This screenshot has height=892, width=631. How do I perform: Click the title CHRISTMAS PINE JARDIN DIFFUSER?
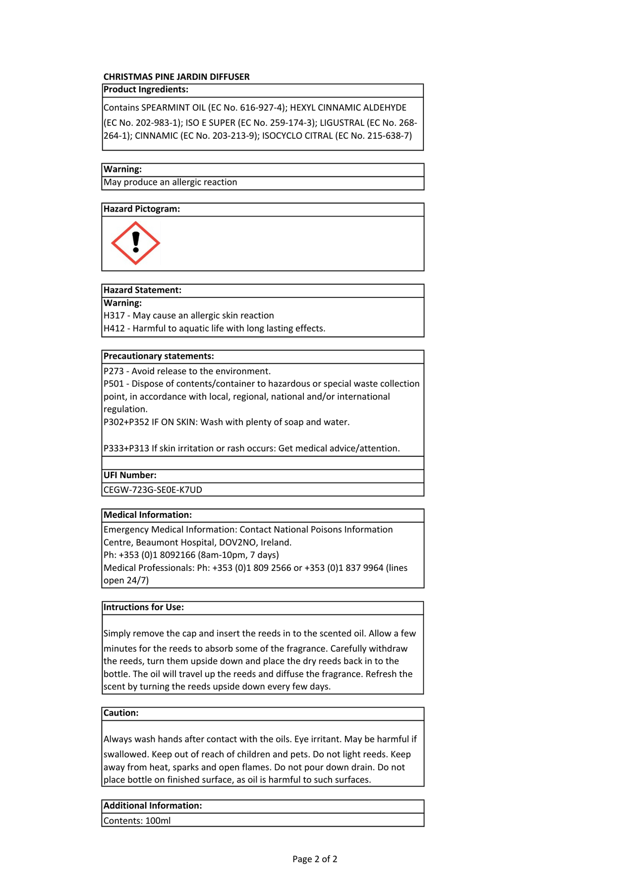(176, 77)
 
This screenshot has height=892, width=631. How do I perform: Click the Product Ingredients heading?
(146, 90)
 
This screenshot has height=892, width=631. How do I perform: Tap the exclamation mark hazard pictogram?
(135, 243)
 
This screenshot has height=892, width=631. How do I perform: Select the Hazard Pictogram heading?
(142, 209)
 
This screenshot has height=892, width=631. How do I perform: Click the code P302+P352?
(126, 422)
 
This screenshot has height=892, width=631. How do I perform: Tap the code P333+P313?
(126, 448)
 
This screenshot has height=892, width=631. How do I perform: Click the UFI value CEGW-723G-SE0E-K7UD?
(153, 490)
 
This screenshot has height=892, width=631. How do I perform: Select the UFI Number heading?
(130, 475)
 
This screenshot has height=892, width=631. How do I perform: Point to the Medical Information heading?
(148, 515)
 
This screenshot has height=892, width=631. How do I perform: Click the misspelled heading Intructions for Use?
(144, 608)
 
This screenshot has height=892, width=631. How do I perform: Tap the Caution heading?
(121, 713)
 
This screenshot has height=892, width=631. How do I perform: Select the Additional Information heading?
(153, 806)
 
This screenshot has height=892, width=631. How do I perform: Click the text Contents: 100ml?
(137, 821)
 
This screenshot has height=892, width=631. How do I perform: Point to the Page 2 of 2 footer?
(315, 859)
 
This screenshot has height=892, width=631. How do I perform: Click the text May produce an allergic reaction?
(171, 182)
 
